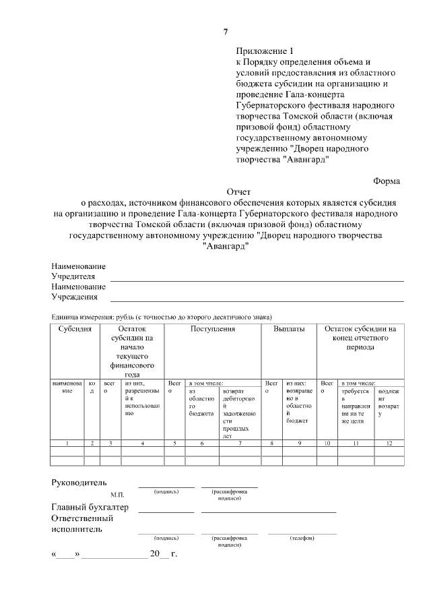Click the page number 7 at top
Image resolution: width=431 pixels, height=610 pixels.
pos(226,32)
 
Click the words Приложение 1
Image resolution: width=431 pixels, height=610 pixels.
pos(265,51)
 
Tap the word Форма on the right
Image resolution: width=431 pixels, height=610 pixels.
pos(386,181)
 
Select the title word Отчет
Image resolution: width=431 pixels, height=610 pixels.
pos(238,191)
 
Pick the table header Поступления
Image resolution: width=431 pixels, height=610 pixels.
pos(212,329)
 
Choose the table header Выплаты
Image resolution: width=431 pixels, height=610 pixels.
pos(289,329)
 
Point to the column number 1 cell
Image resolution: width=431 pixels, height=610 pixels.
pos(67,443)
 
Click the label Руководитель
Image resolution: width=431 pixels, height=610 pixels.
pos(79,483)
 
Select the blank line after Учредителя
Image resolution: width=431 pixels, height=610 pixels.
pos(257,279)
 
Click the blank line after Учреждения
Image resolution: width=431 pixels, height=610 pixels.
pos(257,299)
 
